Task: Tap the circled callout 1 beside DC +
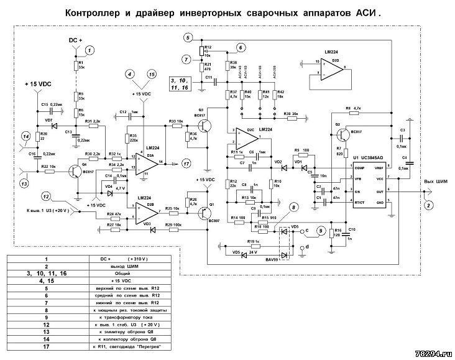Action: [x=91, y=50]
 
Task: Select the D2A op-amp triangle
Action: [x=148, y=161]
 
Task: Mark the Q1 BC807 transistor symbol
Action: [x=208, y=212]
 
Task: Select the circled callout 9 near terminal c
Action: [x=320, y=231]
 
